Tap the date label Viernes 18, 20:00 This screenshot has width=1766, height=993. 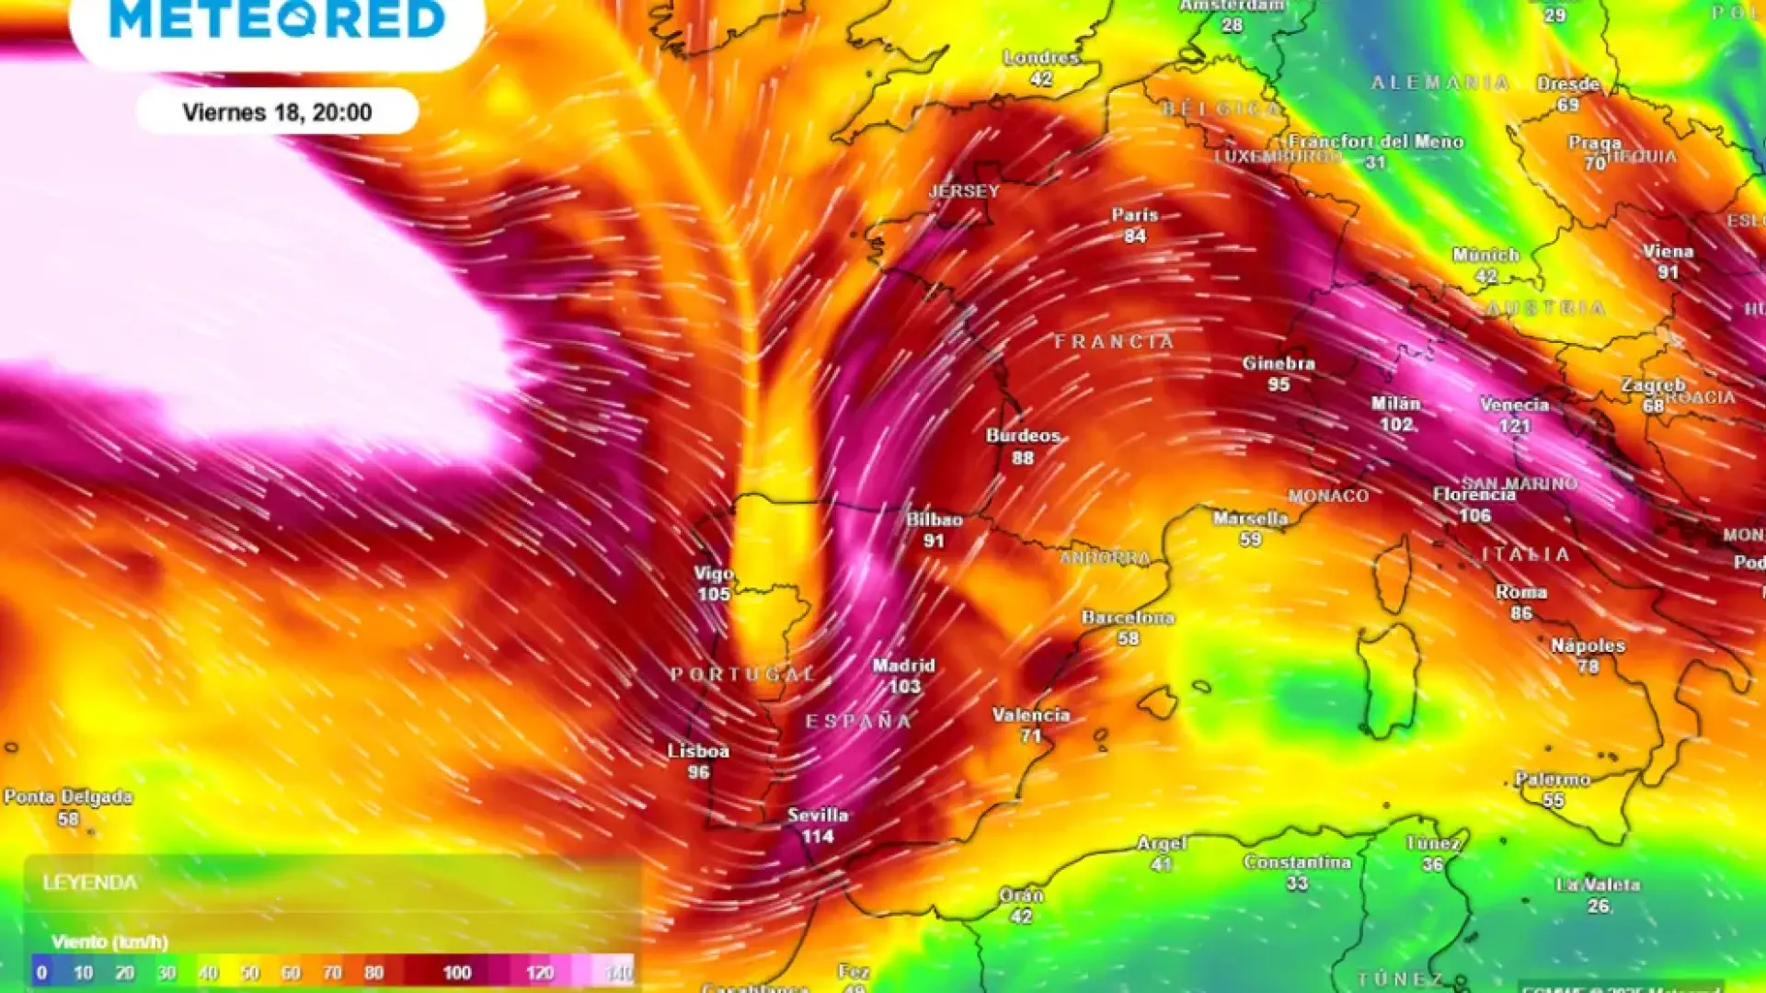[x=277, y=112]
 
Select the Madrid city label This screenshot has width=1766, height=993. [x=903, y=665]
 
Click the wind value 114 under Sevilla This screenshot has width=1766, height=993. [x=818, y=836]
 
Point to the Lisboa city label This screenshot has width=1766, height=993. [x=698, y=750]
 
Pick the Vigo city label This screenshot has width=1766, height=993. [x=714, y=573]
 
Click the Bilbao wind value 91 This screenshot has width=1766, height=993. [x=934, y=541]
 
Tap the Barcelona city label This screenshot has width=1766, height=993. [x=1128, y=617]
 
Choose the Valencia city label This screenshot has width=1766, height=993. [x=1031, y=714]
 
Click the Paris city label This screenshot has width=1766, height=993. [x=1135, y=214]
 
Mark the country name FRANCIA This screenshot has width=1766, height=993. [x=1114, y=342]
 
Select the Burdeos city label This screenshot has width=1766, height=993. [x=1023, y=435]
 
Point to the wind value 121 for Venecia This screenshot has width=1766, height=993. [x=1514, y=426]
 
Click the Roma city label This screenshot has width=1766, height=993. [x=1521, y=591]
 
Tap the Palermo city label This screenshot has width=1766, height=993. [x=1553, y=779]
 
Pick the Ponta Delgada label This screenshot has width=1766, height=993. [x=68, y=796]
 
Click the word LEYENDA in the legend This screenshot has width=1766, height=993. [x=90, y=883]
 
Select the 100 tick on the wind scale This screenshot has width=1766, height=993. [x=457, y=973]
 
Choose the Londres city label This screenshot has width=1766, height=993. [x=1041, y=57]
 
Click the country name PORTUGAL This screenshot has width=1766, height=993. [x=743, y=674]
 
